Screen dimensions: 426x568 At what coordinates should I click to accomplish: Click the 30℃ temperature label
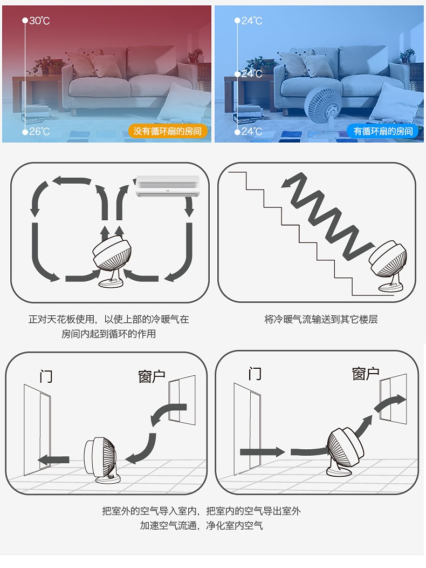(39, 21)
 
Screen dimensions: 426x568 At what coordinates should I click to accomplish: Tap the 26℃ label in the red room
(39, 131)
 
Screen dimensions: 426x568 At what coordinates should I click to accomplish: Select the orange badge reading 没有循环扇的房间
(167, 131)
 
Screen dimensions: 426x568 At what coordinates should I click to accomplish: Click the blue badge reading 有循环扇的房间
(382, 131)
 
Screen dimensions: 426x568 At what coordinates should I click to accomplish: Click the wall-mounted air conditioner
(168, 186)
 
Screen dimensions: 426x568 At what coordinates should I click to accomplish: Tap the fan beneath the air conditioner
(112, 261)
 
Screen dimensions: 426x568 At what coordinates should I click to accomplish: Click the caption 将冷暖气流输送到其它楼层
(321, 319)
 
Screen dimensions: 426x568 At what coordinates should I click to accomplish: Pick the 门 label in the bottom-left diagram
(46, 376)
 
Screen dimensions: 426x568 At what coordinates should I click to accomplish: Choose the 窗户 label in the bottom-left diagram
(152, 376)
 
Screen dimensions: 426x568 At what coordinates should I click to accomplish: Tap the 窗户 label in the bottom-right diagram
(366, 374)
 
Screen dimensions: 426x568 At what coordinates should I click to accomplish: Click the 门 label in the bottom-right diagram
(255, 374)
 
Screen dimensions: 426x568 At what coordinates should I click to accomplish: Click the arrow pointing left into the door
(53, 460)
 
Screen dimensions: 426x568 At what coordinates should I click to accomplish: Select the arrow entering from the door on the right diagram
(263, 452)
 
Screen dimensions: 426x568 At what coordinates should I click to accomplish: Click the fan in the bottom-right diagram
(343, 450)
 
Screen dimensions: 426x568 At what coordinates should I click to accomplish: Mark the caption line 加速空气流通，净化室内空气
(202, 525)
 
